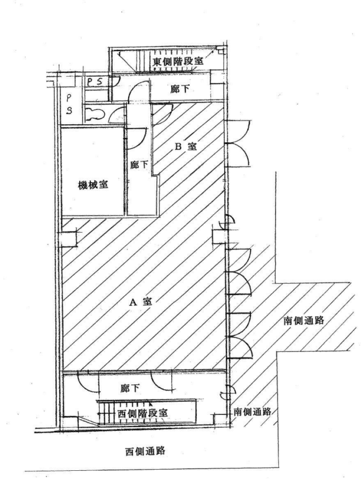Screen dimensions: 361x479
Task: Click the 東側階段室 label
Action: click(178, 62)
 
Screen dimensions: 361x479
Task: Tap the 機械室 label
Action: click(93, 185)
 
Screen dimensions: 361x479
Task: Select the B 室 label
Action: click(185, 147)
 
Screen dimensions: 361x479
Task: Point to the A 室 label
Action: click(141, 302)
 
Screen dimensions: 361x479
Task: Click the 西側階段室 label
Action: click(143, 414)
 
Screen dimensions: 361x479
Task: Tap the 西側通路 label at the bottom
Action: click(146, 451)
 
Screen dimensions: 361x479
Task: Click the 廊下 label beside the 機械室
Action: click(139, 165)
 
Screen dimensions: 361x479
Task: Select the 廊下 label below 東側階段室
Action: click(180, 89)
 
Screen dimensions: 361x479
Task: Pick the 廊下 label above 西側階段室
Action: click(130, 389)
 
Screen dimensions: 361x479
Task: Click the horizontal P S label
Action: click(96, 82)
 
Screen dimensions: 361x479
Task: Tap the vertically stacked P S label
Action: click(69, 104)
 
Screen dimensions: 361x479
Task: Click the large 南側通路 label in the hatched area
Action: click(304, 321)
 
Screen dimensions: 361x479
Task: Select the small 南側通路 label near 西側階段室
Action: click(253, 412)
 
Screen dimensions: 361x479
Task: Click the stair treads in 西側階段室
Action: click(106, 413)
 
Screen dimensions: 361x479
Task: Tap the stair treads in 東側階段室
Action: click(143, 61)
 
